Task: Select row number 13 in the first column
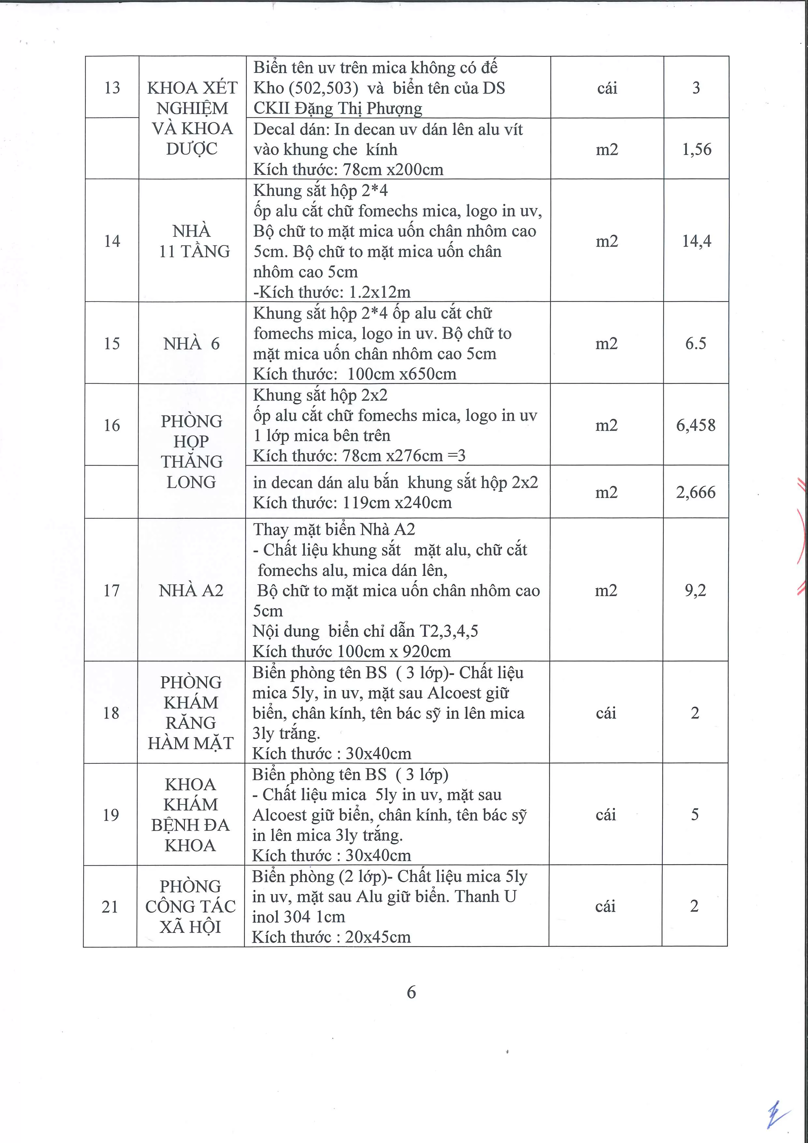[112, 88]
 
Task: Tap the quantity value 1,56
[697, 149]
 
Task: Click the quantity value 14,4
[697, 241]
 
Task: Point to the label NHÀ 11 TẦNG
[192, 241]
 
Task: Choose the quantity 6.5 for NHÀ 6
[696, 343]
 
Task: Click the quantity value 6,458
[696, 425]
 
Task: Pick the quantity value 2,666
[696, 492]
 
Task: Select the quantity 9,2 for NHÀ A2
[695, 590]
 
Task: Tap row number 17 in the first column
[111, 590]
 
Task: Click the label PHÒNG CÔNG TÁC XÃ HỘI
[191, 906]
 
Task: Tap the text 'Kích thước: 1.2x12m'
[332, 292]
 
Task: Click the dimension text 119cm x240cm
[397, 502]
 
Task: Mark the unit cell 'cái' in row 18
[606, 712]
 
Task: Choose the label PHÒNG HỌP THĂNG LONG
[191, 451]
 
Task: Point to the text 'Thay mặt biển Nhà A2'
[334, 529]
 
